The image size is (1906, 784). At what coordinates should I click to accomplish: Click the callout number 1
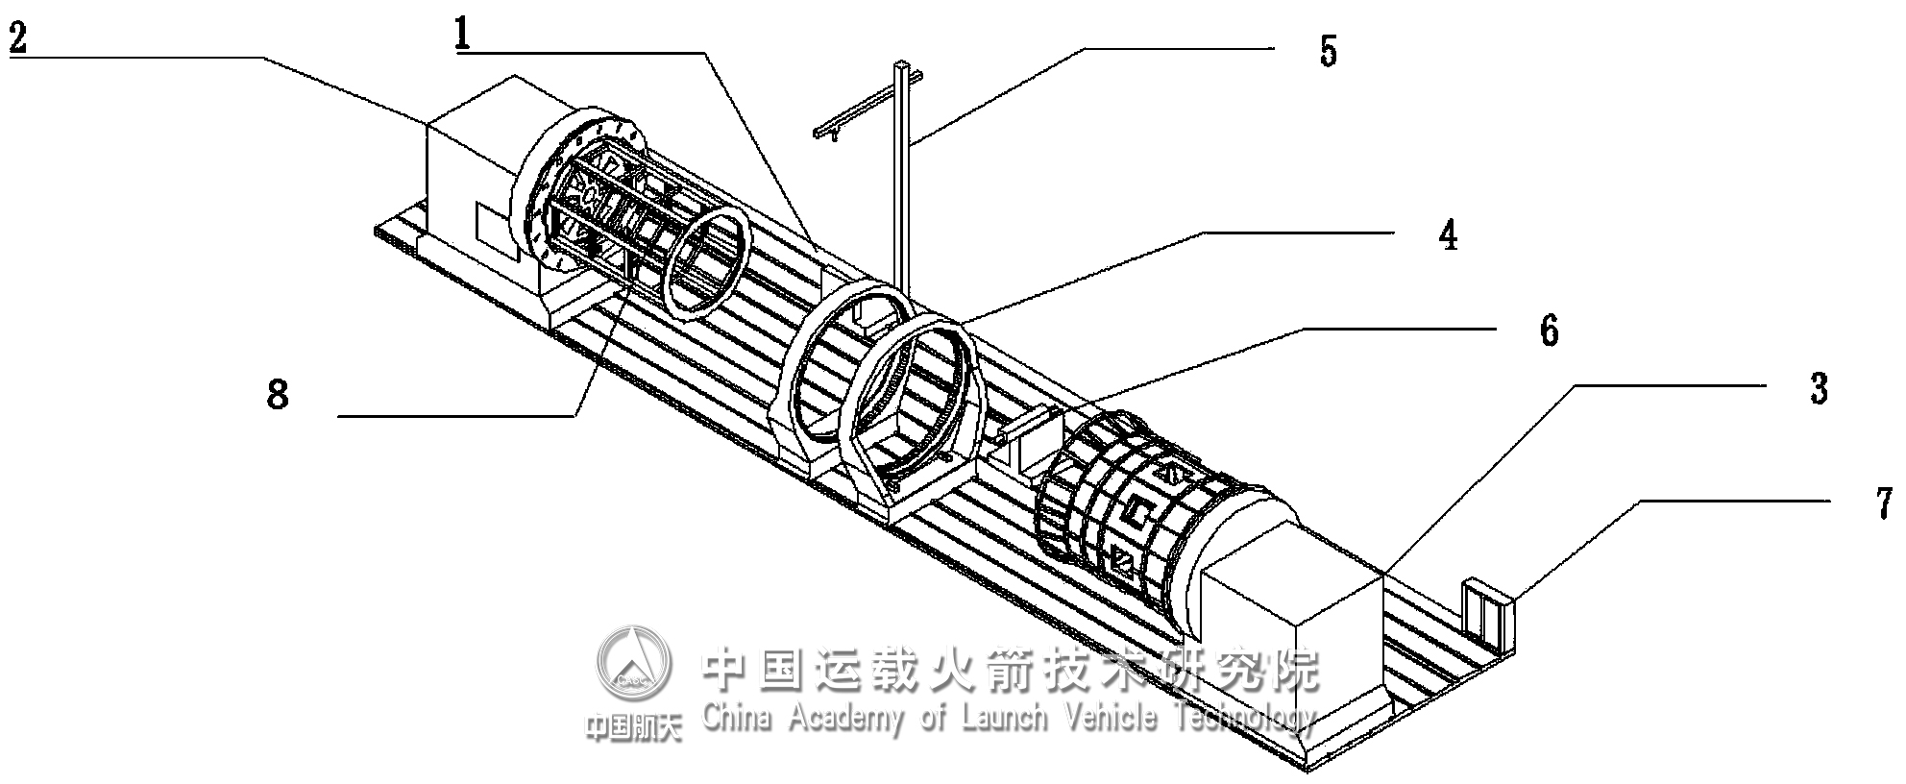click(x=463, y=36)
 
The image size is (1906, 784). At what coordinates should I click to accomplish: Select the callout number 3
click(x=1818, y=389)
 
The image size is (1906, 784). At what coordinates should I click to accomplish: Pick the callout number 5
click(x=1328, y=51)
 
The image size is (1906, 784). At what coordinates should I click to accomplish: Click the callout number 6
click(x=1549, y=331)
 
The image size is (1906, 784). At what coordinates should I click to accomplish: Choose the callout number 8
click(x=278, y=394)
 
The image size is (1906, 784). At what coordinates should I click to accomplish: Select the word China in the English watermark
click(x=737, y=716)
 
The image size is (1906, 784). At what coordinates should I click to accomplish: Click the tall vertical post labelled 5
click(x=901, y=183)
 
